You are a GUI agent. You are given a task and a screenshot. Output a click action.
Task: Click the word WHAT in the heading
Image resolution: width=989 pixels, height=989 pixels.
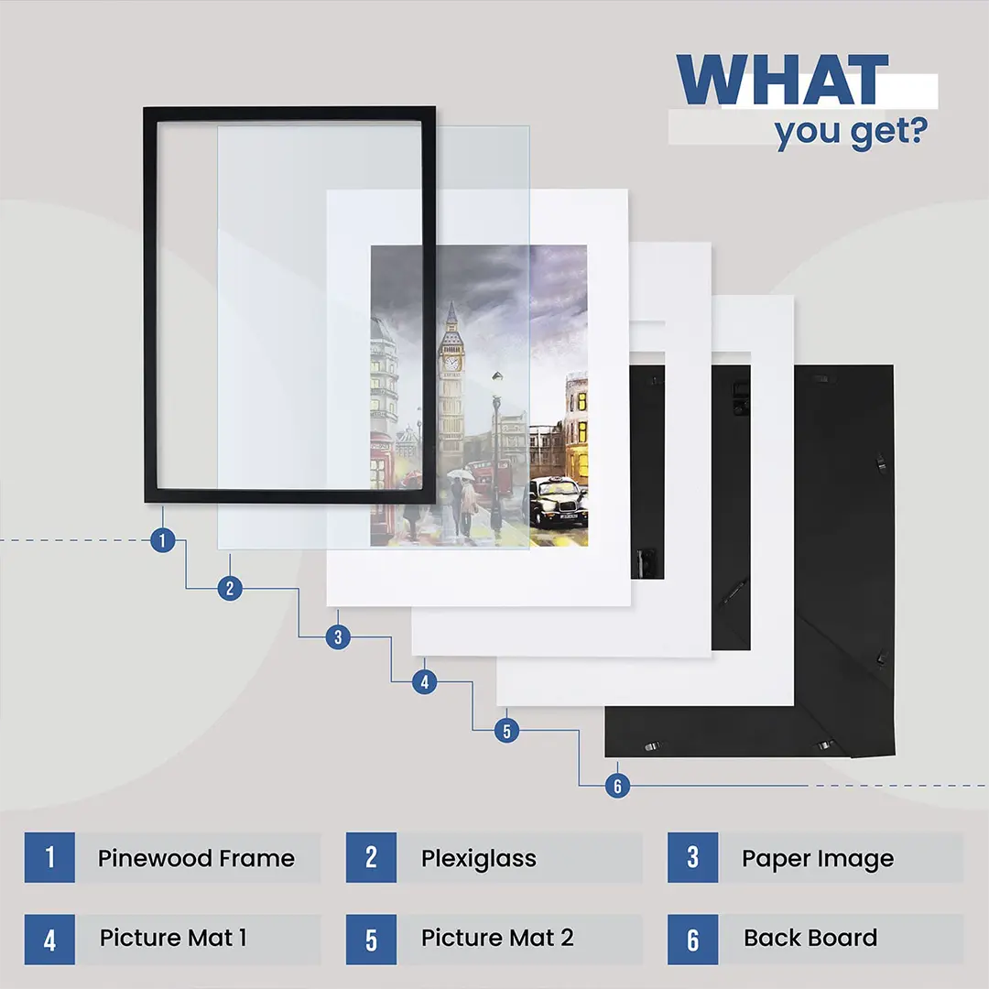coord(782,80)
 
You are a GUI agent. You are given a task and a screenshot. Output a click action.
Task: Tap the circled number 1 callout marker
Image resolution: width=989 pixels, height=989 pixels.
coord(163,540)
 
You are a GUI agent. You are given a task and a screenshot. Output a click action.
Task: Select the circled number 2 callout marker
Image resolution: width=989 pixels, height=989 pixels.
coord(230,589)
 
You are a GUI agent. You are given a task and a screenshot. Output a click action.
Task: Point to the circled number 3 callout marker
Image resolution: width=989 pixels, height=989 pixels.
coord(338,637)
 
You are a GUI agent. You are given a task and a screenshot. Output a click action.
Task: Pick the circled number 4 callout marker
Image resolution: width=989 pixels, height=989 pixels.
coord(425,682)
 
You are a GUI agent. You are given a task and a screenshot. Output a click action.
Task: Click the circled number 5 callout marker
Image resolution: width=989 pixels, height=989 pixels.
coord(506,731)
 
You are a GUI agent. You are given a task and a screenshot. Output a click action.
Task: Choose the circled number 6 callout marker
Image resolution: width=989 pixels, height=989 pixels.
coord(617,786)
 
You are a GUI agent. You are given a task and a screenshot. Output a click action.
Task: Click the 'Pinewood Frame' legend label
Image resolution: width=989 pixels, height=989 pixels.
coord(196,858)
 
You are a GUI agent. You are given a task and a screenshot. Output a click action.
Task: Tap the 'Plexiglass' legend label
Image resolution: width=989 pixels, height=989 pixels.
coord(479,859)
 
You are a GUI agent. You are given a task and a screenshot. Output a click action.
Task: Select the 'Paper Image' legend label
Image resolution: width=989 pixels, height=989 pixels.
coord(818,859)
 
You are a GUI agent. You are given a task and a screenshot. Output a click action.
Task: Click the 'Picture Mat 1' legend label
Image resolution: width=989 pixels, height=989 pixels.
coord(173,938)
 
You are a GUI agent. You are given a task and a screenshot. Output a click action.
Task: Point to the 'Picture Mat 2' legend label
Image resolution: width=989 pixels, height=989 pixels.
coord(497,938)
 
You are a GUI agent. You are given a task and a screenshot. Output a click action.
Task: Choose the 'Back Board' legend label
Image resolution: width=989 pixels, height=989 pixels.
coord(810,938)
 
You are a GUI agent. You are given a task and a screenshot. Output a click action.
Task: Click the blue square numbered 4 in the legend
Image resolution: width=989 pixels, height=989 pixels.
coord(49,940)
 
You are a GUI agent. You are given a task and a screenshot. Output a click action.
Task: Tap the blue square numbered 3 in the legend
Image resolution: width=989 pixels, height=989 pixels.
coord(693,858)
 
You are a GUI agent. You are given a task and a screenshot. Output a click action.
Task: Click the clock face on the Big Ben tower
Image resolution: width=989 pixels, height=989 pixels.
coord(451,364)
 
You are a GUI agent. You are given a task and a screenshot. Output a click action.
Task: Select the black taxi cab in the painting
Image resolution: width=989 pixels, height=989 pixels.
coord(559,502)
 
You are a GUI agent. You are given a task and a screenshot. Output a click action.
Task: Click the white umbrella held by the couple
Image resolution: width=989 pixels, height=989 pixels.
coord(461,474)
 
